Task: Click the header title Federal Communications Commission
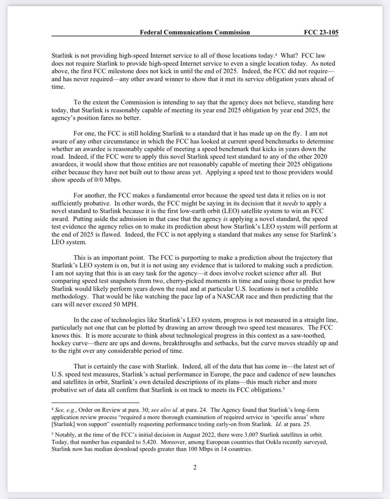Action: coord(194,32)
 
